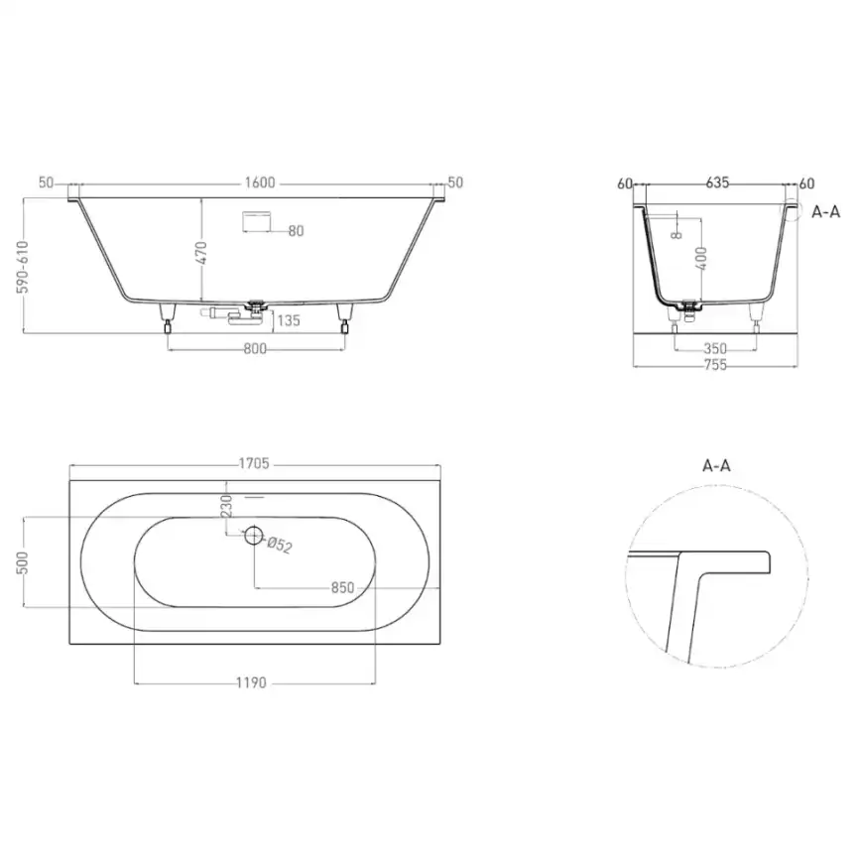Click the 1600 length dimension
pyautogui.click(x=257, y=184)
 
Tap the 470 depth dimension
pyautogui.click(x=200, y=252)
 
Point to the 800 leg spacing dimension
pyautogui.click(x=256, y=348)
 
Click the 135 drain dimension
pyautogui.click(x=288, y=319)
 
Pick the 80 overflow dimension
pyautogui.click(x=296, y=231)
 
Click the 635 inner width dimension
pyautogui.click(x=717, y=183)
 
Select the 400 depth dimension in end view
pyautogui.click(x=700, y=261)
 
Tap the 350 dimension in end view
pyautogui.click(x=715, y=348)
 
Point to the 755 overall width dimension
pyautogui.click(x=715, y=365)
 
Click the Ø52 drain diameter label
pyautogui.click(x=282, y=545)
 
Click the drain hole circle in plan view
pyautogui.click(x=254, y=537)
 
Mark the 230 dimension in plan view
pyautogui.click(x=226, y=505)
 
